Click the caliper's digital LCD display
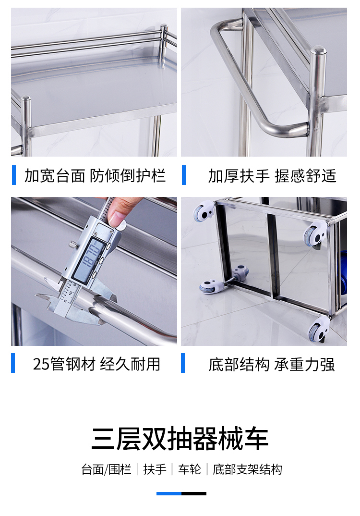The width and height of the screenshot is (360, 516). tap(87, 258)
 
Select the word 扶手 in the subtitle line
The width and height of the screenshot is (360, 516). tap(155, 469)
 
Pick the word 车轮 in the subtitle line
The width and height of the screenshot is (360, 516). tap(190, 469)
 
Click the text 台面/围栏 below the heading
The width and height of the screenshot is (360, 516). tap(107, 469)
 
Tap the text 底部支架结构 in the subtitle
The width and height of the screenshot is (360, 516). tap(247, 469)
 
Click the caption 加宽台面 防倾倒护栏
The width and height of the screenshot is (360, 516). tap(95, 175)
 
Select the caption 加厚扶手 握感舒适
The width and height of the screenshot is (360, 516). tap(272, 175)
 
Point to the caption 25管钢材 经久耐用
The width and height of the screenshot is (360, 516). tap(96, 364)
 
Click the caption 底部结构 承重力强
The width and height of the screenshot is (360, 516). tap(272, 364)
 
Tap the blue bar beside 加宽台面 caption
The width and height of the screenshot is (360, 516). tap(14, 175)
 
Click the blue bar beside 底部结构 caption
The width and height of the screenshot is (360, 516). tap(183, 363)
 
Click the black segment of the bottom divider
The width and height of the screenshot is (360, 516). tap(194, 493)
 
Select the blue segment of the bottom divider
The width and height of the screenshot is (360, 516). tap(169, 493)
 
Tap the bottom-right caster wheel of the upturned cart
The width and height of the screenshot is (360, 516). tap(318, 330)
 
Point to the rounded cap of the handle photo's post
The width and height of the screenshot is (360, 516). tap(318, 51)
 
